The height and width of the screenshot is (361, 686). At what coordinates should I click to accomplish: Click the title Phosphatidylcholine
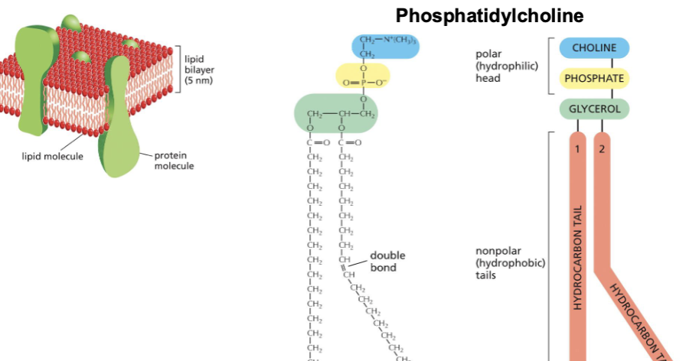point(489,15)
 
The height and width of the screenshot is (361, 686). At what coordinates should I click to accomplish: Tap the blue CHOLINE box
point(594,48)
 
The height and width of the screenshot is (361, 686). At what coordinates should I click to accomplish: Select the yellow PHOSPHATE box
point(594,78)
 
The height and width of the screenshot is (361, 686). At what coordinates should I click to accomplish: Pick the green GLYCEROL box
point(594,109)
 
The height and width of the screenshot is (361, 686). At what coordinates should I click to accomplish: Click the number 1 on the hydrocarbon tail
point(579,148)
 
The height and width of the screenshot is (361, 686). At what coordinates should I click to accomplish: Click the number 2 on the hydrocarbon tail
point(602,148)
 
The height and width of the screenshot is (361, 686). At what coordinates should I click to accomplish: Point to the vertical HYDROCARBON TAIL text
point(579,257)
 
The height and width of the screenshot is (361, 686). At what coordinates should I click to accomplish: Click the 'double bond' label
point(387,262)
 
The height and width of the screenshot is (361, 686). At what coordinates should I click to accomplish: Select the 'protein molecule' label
point(174,161)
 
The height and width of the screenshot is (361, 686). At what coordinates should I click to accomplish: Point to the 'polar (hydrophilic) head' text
point(506,66)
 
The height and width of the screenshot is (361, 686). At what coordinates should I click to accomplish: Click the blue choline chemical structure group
point(386,46)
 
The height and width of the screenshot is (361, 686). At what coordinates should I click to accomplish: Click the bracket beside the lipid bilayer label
point(178,69)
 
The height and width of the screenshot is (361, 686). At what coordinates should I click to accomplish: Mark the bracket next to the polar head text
point(550,66)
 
